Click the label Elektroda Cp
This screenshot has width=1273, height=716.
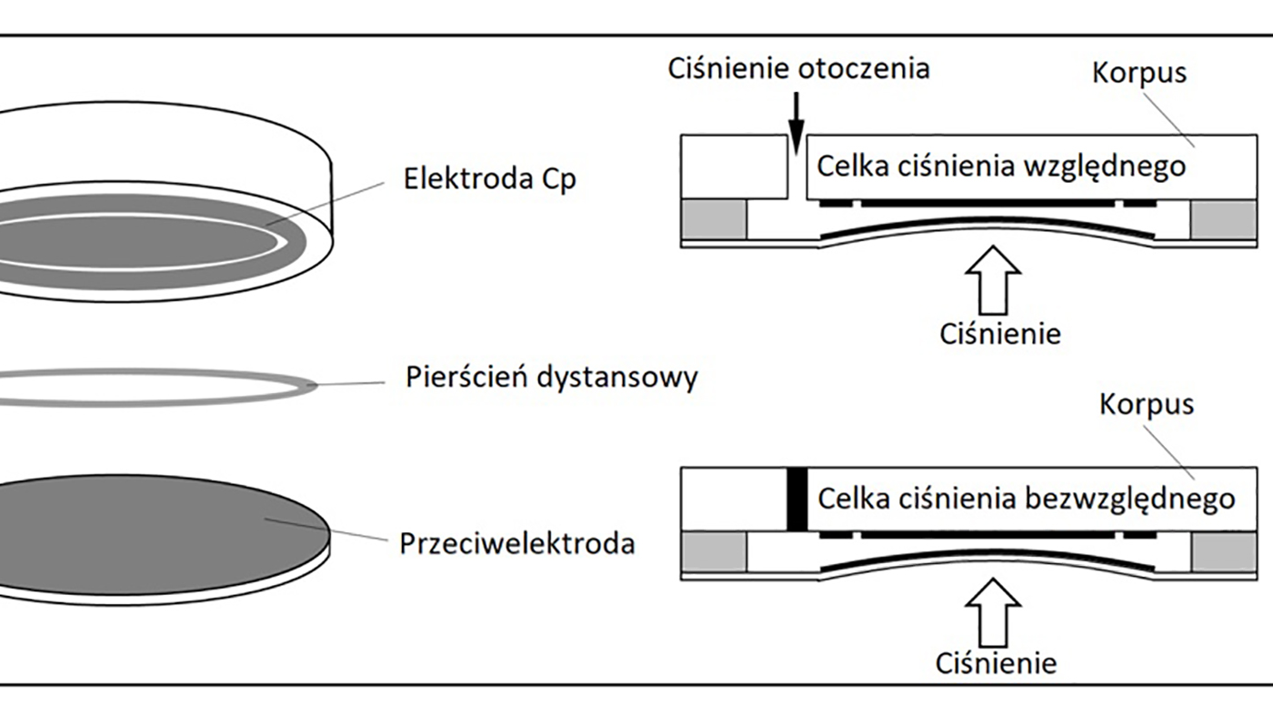tap(489, 178)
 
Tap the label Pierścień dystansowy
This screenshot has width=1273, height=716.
tap(551, 377)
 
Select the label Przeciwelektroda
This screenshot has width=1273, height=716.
tap(516, 543)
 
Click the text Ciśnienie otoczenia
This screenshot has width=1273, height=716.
tap(798, 68)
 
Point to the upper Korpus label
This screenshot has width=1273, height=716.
tap(1139, 72)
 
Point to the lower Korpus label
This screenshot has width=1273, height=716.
tap(1147, 404)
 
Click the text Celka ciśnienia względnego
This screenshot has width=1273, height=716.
tap(1001, 166)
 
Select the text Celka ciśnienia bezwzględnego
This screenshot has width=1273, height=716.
tap(1026, 499)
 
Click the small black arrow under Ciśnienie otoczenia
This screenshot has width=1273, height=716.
tap(797, 124)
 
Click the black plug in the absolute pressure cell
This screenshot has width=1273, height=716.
tap(797, 499)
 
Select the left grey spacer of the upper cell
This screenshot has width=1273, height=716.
tap(714, 220)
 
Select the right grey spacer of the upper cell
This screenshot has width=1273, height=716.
tap(1223, 220)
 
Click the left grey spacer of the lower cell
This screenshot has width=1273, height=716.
tap(714, 552)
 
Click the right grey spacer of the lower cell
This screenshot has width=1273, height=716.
tap(1223, 552)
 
